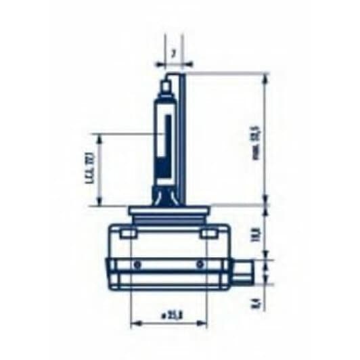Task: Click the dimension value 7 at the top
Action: click(174, 52)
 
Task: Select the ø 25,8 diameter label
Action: click(165, 314)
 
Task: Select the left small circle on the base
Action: click(137, 263)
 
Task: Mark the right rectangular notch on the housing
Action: click(210, 234)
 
